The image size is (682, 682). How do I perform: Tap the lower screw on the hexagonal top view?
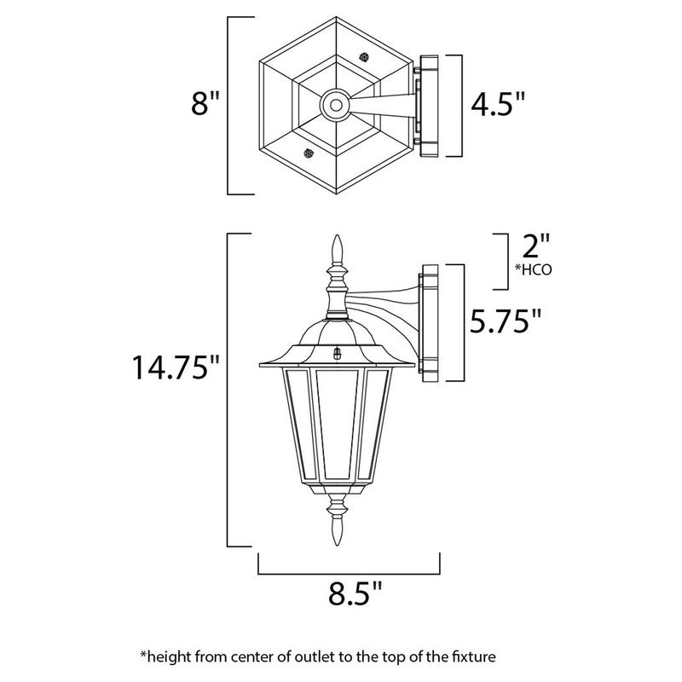[307, 153]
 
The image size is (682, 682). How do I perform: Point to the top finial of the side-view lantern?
[335, 249]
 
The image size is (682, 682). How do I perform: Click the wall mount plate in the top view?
[429, 107]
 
